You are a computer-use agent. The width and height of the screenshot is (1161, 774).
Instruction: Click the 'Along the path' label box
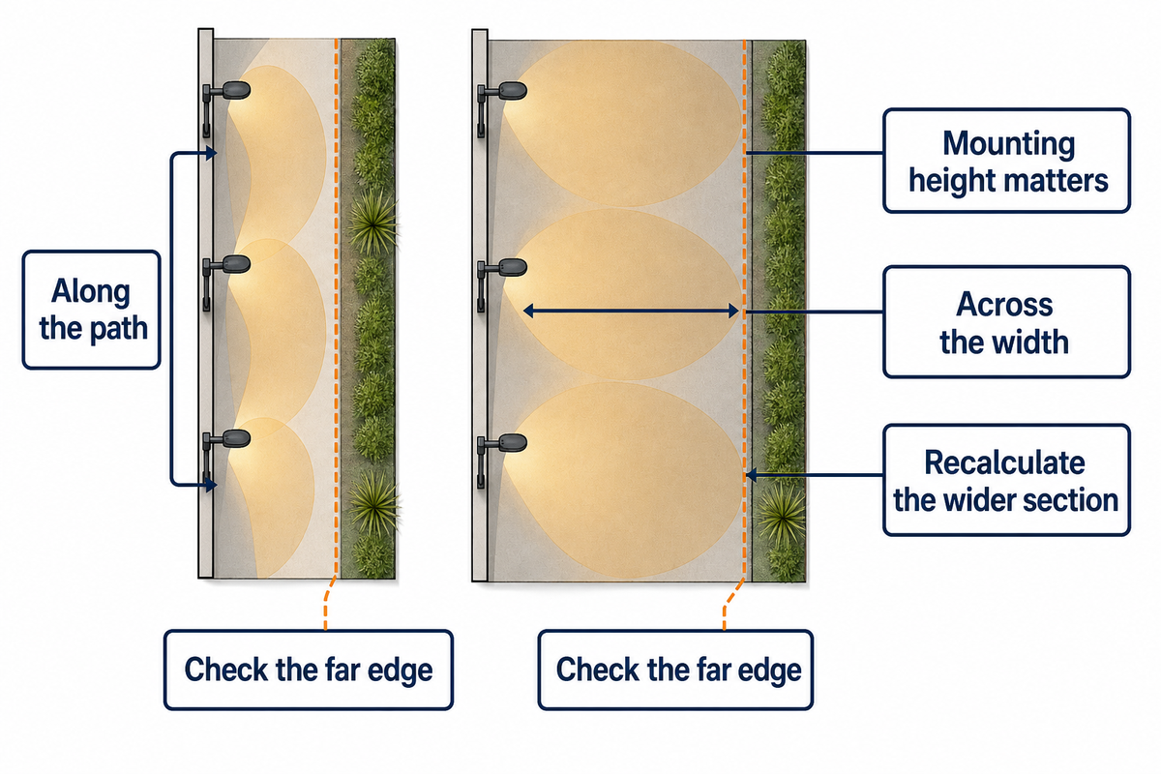[91, 310]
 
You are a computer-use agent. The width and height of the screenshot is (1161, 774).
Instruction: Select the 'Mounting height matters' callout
[1006, 161]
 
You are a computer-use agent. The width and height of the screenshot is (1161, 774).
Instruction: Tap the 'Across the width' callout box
[1006, 322]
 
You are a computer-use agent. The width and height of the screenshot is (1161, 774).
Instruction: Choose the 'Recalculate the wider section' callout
[1006, 480]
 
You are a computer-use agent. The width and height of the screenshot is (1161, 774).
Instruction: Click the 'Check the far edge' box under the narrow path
[309, 670]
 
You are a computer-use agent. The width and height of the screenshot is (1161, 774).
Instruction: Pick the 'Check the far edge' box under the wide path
[675, 670]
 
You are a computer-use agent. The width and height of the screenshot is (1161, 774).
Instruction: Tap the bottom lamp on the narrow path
[226, 456]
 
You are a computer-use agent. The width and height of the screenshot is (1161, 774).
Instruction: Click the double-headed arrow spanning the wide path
[631, 312]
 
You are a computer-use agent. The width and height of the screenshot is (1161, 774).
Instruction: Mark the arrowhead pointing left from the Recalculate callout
[751, 474]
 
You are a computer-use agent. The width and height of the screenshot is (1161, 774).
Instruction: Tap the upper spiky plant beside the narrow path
[373, 223]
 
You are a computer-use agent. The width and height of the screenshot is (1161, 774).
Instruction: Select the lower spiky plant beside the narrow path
[374, 504]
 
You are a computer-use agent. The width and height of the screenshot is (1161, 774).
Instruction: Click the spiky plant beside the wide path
[781, 517]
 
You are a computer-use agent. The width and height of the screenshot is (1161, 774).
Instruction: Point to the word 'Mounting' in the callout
[1008, 143]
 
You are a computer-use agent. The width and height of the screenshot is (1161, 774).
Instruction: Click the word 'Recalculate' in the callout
[1004, 461]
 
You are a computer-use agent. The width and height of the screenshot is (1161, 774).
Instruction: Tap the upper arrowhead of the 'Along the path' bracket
[211, 153]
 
